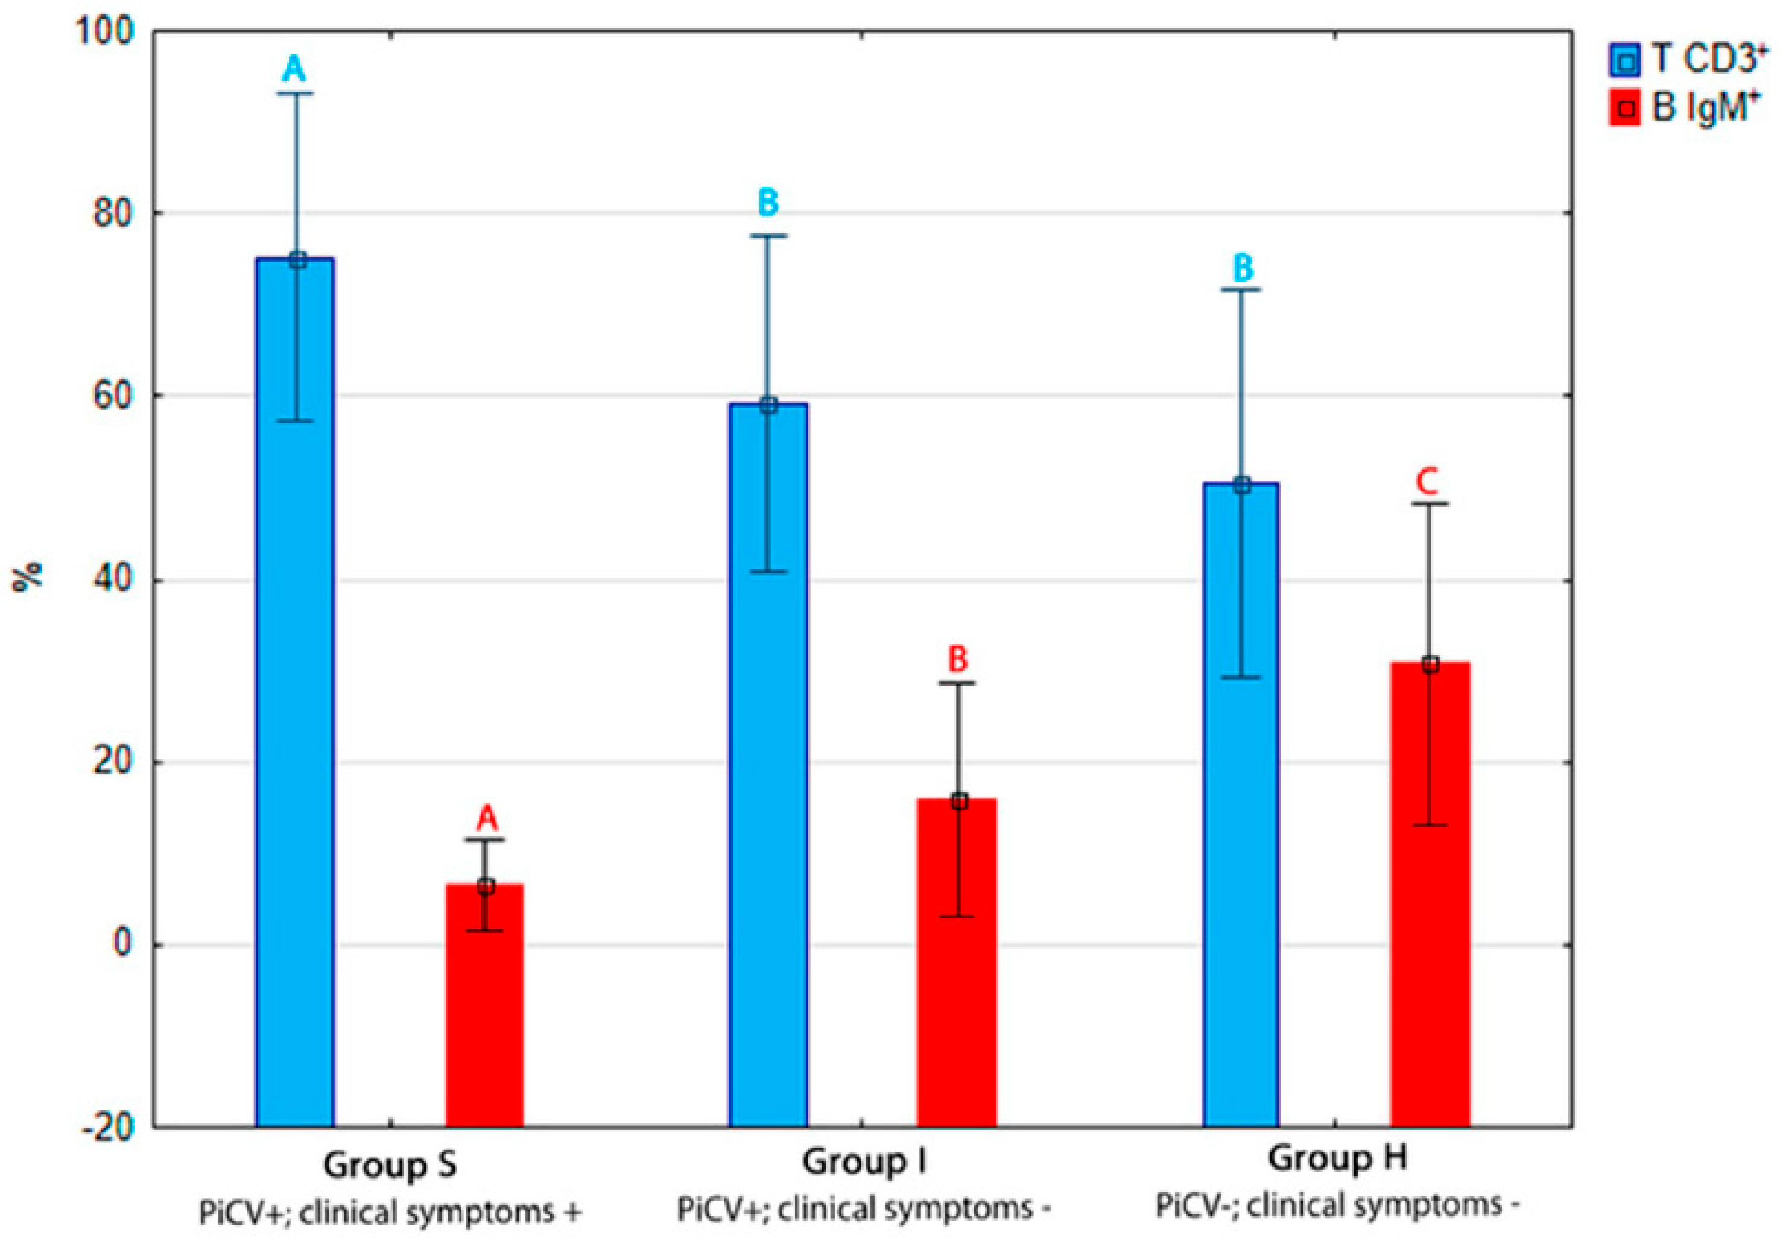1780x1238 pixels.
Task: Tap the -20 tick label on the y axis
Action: [109, 1127]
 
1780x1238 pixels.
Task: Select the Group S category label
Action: [390, 1165]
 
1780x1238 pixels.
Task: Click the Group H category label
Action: [1337, 1159]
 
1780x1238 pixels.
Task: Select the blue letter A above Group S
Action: [294, 70]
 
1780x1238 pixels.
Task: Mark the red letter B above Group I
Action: [958, 660]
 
